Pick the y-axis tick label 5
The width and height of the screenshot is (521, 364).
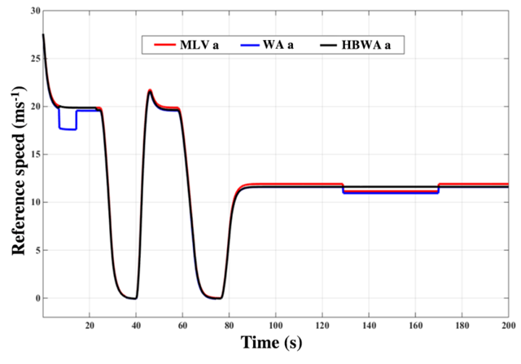coord(33,251)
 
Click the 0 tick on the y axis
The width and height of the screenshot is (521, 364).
coord(33,298)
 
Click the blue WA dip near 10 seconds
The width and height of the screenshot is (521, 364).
coord(68,129)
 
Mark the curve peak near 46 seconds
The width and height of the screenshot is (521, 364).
coord(150,90)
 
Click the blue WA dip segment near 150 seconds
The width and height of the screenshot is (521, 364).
coord(391,193)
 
